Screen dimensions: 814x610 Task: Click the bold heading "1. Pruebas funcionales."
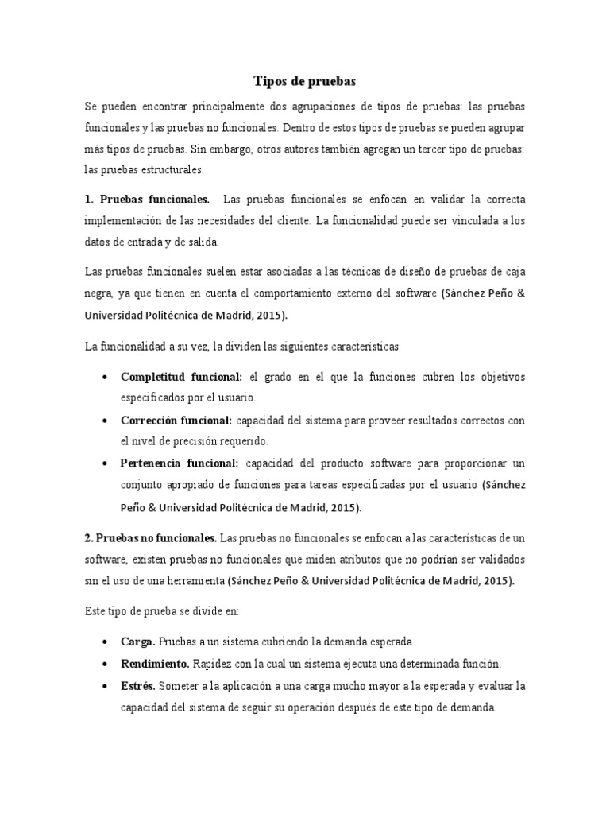point(148,198)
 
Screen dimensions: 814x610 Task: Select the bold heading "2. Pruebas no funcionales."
point(150,537)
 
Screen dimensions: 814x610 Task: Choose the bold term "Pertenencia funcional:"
point(180,463)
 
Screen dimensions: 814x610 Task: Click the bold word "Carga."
point(138,641)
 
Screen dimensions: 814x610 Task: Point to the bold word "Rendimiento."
point(155,663)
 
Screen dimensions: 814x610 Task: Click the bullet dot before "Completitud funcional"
point(106,377)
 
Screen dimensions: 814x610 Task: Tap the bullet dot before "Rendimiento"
point(106,664)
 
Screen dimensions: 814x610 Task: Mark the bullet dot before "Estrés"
point(106,686)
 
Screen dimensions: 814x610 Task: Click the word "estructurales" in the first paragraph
point(155,169)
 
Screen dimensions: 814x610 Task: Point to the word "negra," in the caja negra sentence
point(99,293)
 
